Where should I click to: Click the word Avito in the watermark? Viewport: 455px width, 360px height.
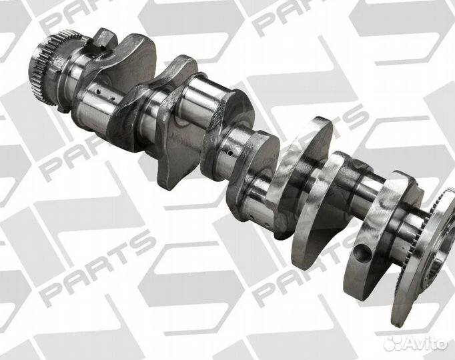tap(426, 343)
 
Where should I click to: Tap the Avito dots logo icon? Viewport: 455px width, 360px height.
tap(392, 343)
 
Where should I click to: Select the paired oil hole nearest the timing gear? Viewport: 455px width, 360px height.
tap(98, 92)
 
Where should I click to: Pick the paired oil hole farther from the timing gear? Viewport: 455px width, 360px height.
tap(113, 99)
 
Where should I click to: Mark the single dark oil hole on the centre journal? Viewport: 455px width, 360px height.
tap(230, 153)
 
